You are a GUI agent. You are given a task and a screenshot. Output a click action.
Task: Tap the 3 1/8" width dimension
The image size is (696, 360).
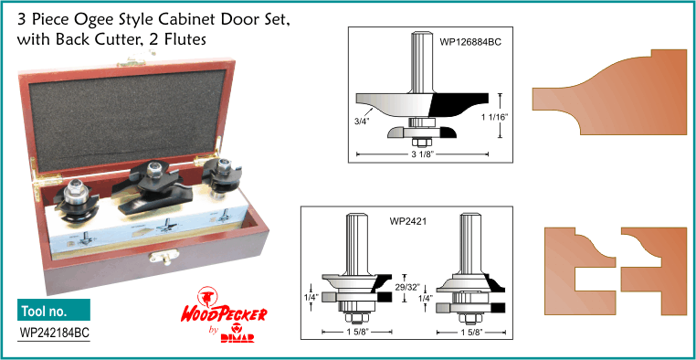click(423, 154)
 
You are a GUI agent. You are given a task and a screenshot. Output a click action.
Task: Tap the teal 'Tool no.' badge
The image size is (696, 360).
click(54, 310)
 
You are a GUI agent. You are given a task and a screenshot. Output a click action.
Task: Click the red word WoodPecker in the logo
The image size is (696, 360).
click(224, 314)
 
